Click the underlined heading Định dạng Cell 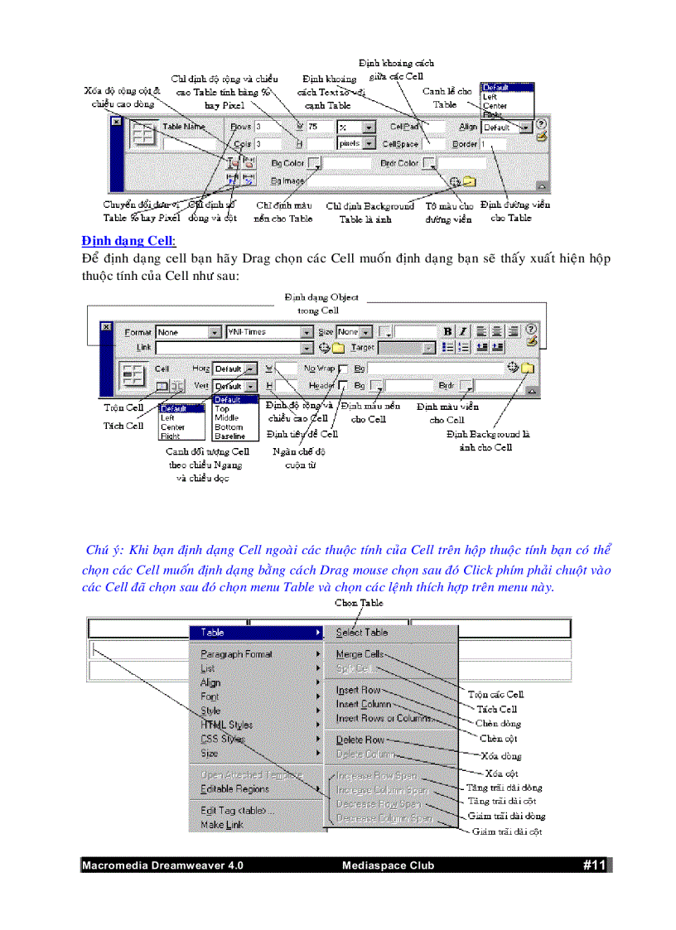coord(128,241)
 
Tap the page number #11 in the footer coord(595,865)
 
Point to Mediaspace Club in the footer coord(388,866)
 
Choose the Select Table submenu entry coord(362,633)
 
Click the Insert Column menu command coord(364,704)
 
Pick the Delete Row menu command coord(360,740)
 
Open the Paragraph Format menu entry coord(236,654)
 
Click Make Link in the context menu coord(222,825)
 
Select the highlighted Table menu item coord(213,633)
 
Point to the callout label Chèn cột coord(500,738)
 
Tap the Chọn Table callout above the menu coord(359,603)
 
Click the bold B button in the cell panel coord(448,331)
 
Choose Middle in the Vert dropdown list coord(227,418)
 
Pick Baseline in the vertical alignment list coord(229,436)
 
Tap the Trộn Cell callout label coord(123,407)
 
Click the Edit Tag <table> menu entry coord(237,810)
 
